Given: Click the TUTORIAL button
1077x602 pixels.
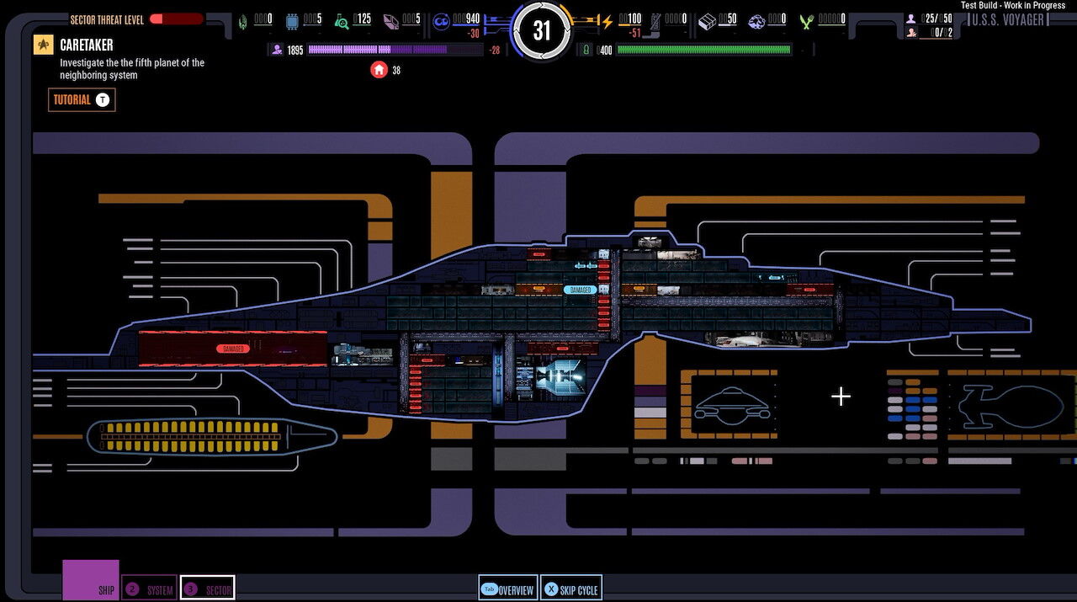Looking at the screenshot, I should (x=82, y=100).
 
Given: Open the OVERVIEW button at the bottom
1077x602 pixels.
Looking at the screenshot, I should (x=507, y=589).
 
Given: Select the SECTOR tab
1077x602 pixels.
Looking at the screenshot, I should (x=207, y=589).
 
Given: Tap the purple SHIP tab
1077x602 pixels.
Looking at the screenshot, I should (x=91, y=581).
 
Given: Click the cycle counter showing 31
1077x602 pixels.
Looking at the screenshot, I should (x=542, y=31).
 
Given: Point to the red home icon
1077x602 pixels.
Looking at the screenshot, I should (x=379, y=70).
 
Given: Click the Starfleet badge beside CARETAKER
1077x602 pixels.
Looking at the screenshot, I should (x=43, y=45).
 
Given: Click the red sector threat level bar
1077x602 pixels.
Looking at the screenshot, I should (x=177, y=19).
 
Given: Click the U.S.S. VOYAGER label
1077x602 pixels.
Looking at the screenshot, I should (x=1007, y=19).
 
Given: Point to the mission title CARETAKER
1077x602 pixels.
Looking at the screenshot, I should (x=87, y=45).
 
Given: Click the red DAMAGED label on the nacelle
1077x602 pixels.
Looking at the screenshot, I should (x=232, y=348).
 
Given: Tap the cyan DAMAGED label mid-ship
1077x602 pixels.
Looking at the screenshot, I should (x=581, y=290).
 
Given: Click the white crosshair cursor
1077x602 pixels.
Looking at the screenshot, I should (x=841, y=397).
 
